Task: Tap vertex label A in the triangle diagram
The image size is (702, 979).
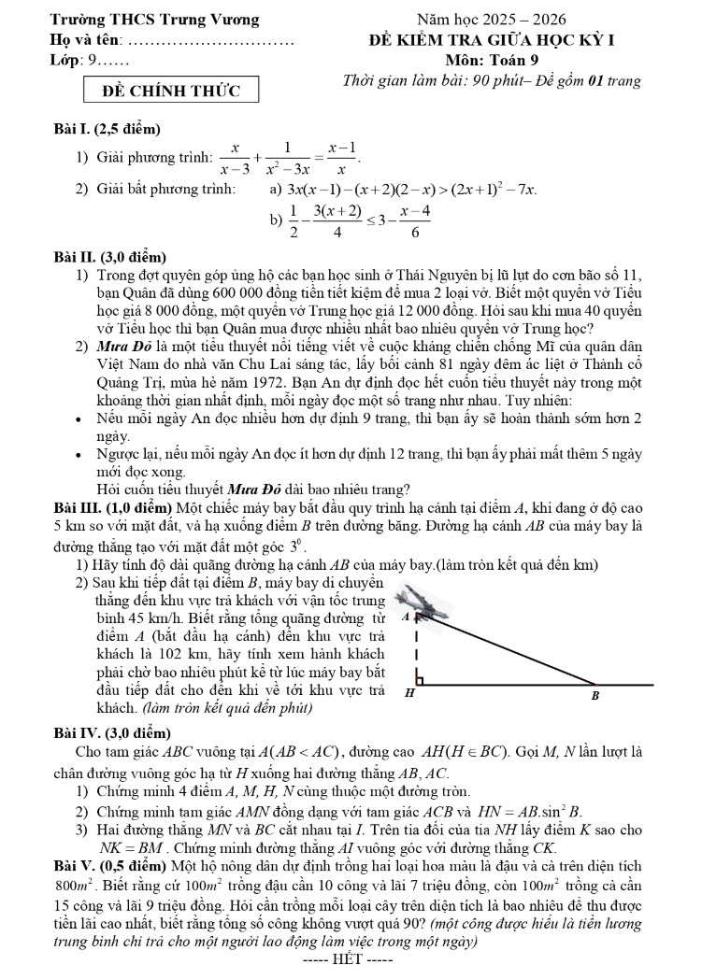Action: point(403,617)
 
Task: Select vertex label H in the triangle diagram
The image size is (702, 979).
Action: point(409,695)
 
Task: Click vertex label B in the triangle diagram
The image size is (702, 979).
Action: point(595,696)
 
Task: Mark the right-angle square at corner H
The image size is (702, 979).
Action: point(422,677)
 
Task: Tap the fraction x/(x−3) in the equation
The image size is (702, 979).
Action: point(234,158)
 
